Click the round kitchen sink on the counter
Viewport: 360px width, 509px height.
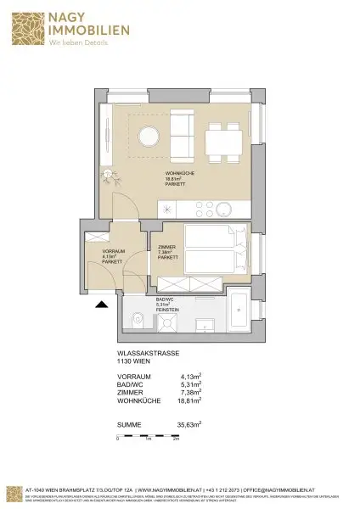[x=225, y=209]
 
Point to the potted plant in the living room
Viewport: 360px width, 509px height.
[x=109, y=176]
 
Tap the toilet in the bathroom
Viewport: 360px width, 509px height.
[x=138, y=321]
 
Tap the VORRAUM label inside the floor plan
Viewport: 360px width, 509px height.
[x=114, y=252]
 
